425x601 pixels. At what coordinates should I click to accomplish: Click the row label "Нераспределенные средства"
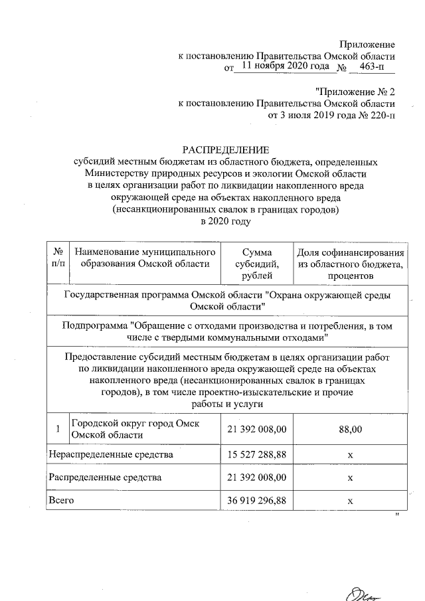pyautogui.click(x=112, y=456)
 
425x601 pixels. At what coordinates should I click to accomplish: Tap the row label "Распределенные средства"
pyautogui.click(x=105, y=477)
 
